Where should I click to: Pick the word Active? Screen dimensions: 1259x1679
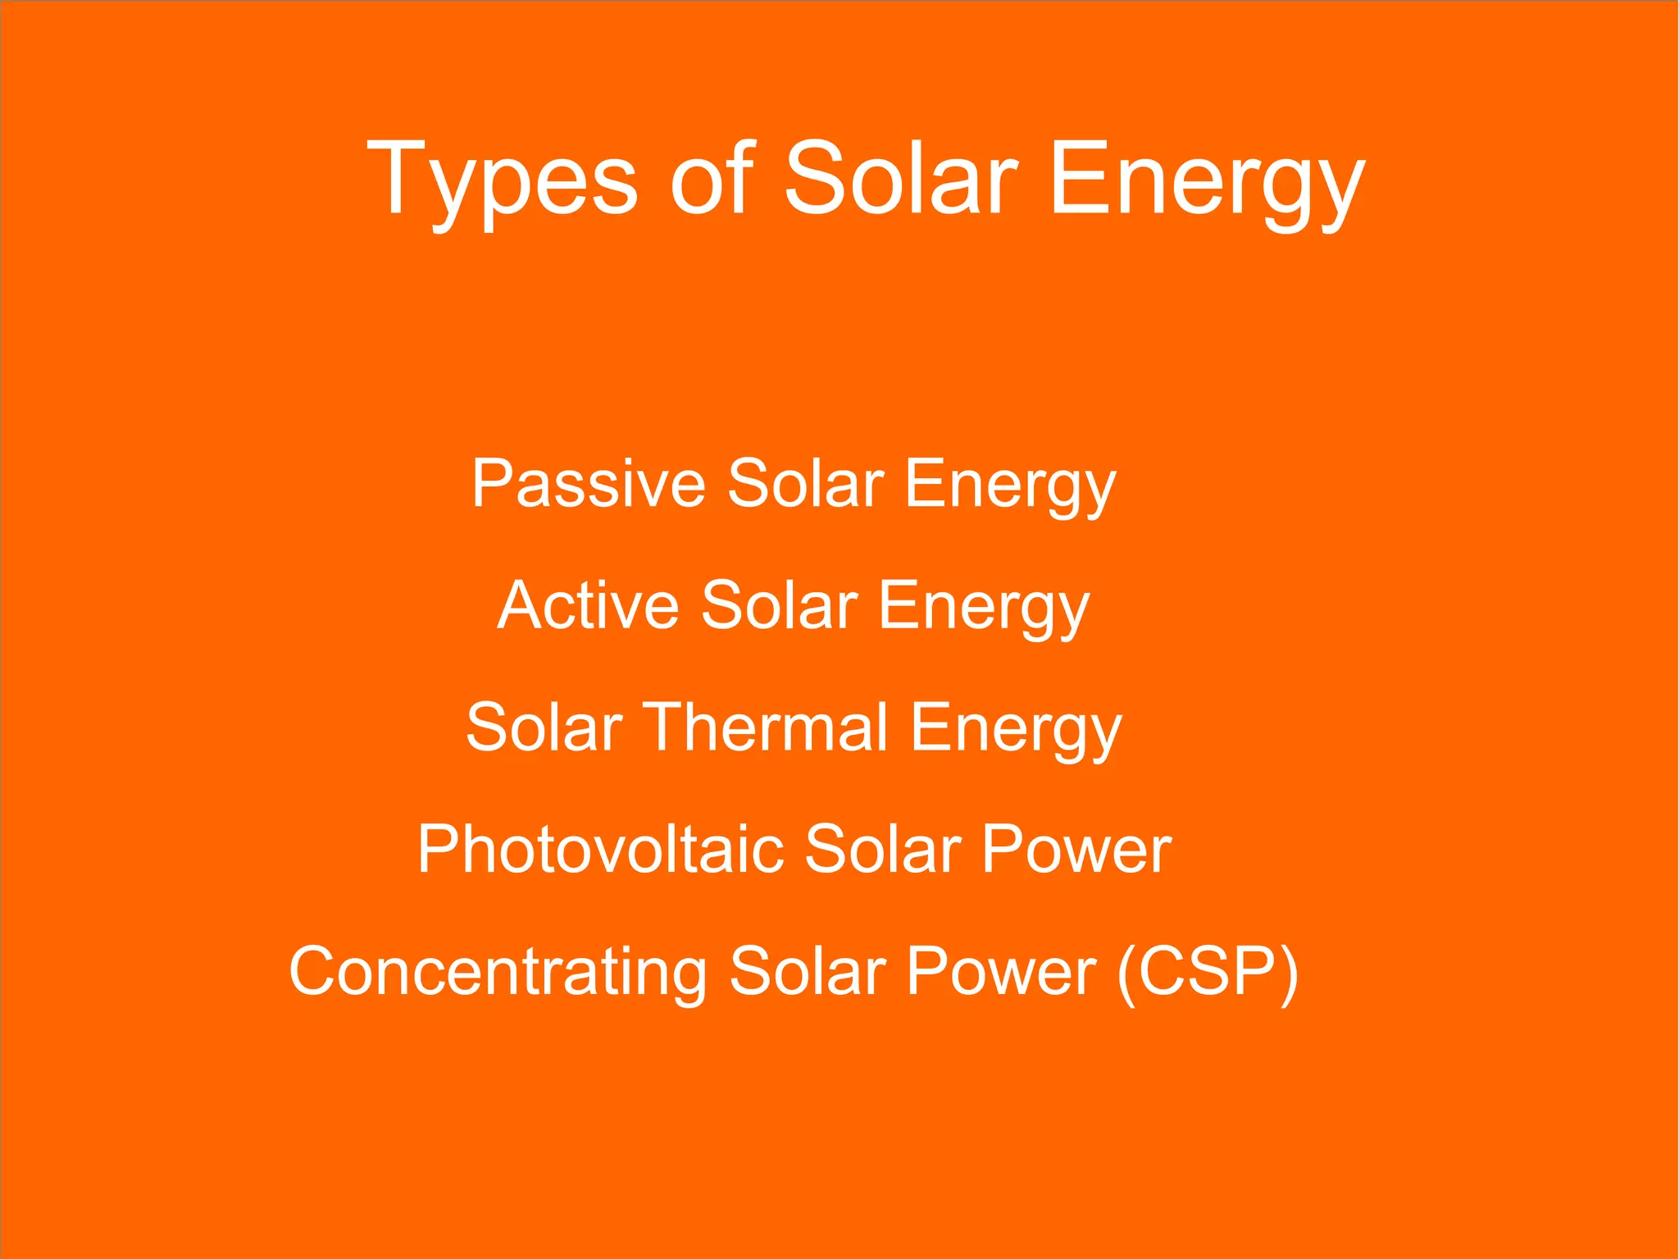[x=588, y=605]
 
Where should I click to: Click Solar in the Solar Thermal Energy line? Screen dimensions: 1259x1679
[x=544, y=728]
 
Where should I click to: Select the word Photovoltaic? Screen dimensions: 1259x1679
[x=600, y=849]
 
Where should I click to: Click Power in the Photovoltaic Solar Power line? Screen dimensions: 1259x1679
[x=1076, y=849]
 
